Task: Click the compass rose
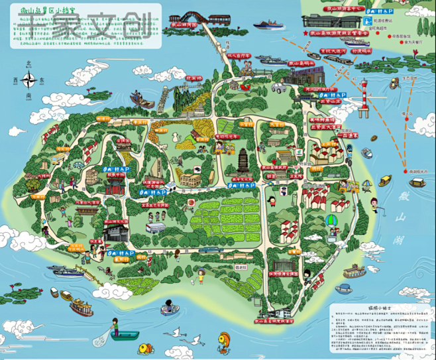[28, 80]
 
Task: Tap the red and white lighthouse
[362, 99]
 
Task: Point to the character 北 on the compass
[28, 64]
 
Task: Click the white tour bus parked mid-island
[155, 227]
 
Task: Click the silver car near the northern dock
[278, 88]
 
